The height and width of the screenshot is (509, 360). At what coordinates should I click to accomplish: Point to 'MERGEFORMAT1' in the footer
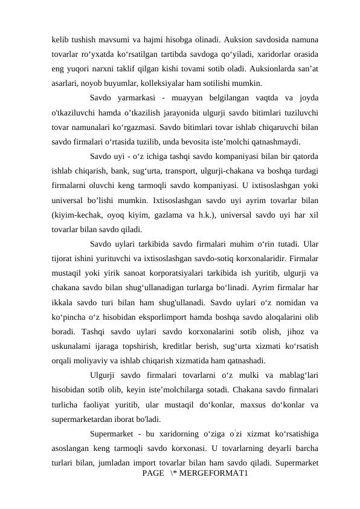tap(213, 470)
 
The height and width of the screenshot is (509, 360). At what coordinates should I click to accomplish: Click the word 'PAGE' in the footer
tap(152, 470)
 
